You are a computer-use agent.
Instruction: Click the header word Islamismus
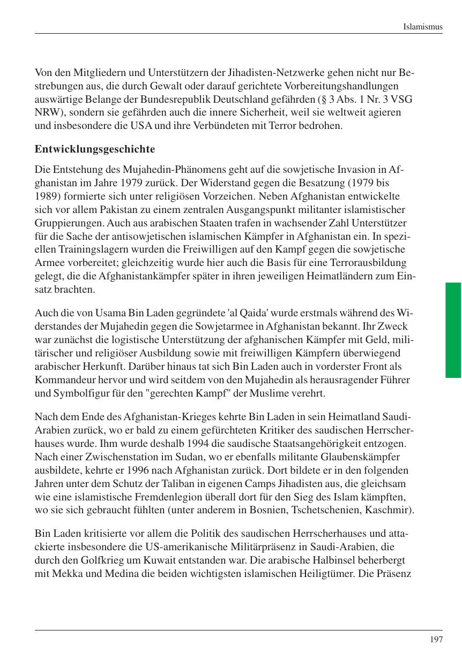pyautogui.click(x=423, y=26)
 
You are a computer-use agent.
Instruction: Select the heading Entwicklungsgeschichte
pyautogui.click(x=95, y=149)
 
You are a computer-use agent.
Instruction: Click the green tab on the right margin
pyautogui.click(x=453, y=330)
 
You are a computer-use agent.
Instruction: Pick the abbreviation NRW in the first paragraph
pyautogui.click(x=47, y=112)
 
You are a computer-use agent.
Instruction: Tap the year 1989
pyautogui.click(x=46, y=196)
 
